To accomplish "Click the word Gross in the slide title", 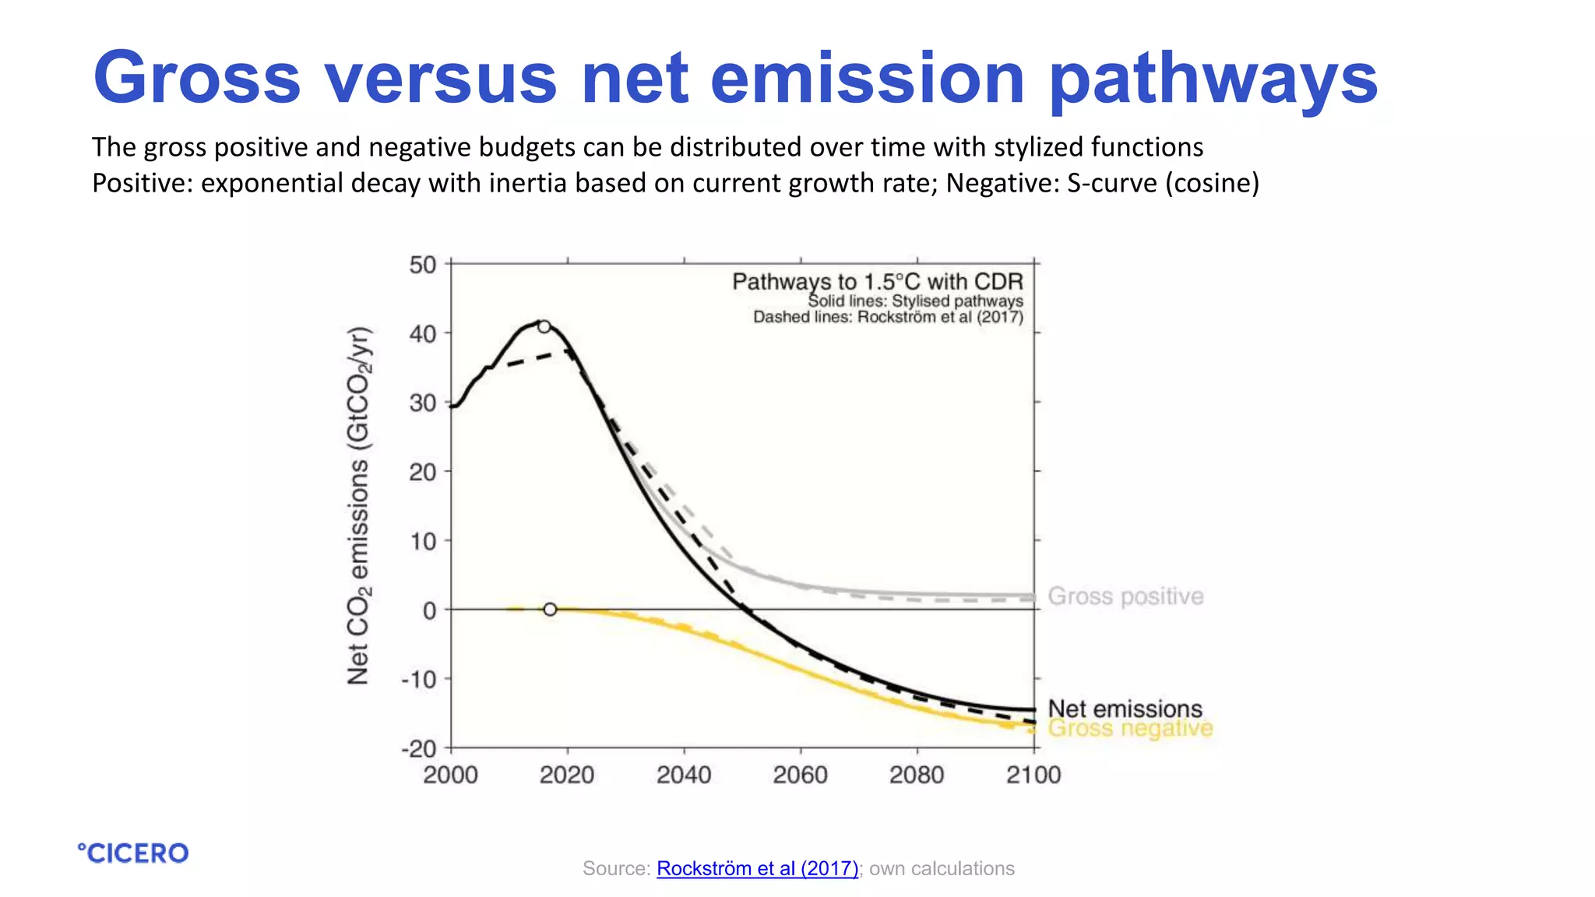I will (196, 78).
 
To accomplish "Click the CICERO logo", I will (133, 853).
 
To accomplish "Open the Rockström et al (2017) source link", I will (757, 868).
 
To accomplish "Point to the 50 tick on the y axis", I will (423, 265).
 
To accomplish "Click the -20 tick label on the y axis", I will (419, 749).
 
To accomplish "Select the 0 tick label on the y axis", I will (429, 610).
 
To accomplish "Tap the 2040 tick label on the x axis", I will (684, 775).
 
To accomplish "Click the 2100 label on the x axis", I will (1033, 775).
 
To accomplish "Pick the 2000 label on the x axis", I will (450, 775).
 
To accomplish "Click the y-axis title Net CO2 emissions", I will (359, 506).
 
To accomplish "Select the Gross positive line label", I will (1125, 596).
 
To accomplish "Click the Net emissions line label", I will (1125, 709).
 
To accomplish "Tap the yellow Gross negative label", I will (1130, 729).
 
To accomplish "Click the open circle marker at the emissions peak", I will (544, 326).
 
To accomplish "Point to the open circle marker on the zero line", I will (550, 610).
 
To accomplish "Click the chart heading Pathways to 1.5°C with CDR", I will (877, 282).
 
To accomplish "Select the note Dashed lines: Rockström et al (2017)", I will (887, 317).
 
